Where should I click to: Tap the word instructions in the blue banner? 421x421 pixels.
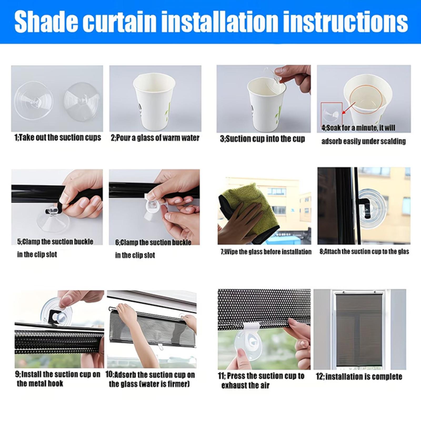[x=343, y=22]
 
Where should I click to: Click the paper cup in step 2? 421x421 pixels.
[x=154, y=103]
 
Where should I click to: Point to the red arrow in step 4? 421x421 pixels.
[x=348, y=108]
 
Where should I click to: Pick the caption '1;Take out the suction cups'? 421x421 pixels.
[x=58, y=138]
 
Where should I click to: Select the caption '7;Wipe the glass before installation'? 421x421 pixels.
[x=266, y=252]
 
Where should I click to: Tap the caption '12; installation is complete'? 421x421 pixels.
[x=359, y=377]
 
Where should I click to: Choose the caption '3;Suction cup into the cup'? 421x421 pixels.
[x=262, y=139]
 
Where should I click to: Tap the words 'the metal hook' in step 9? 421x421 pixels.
[x=40, y=383]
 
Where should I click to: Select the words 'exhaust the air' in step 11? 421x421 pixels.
[x=245, y=385]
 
